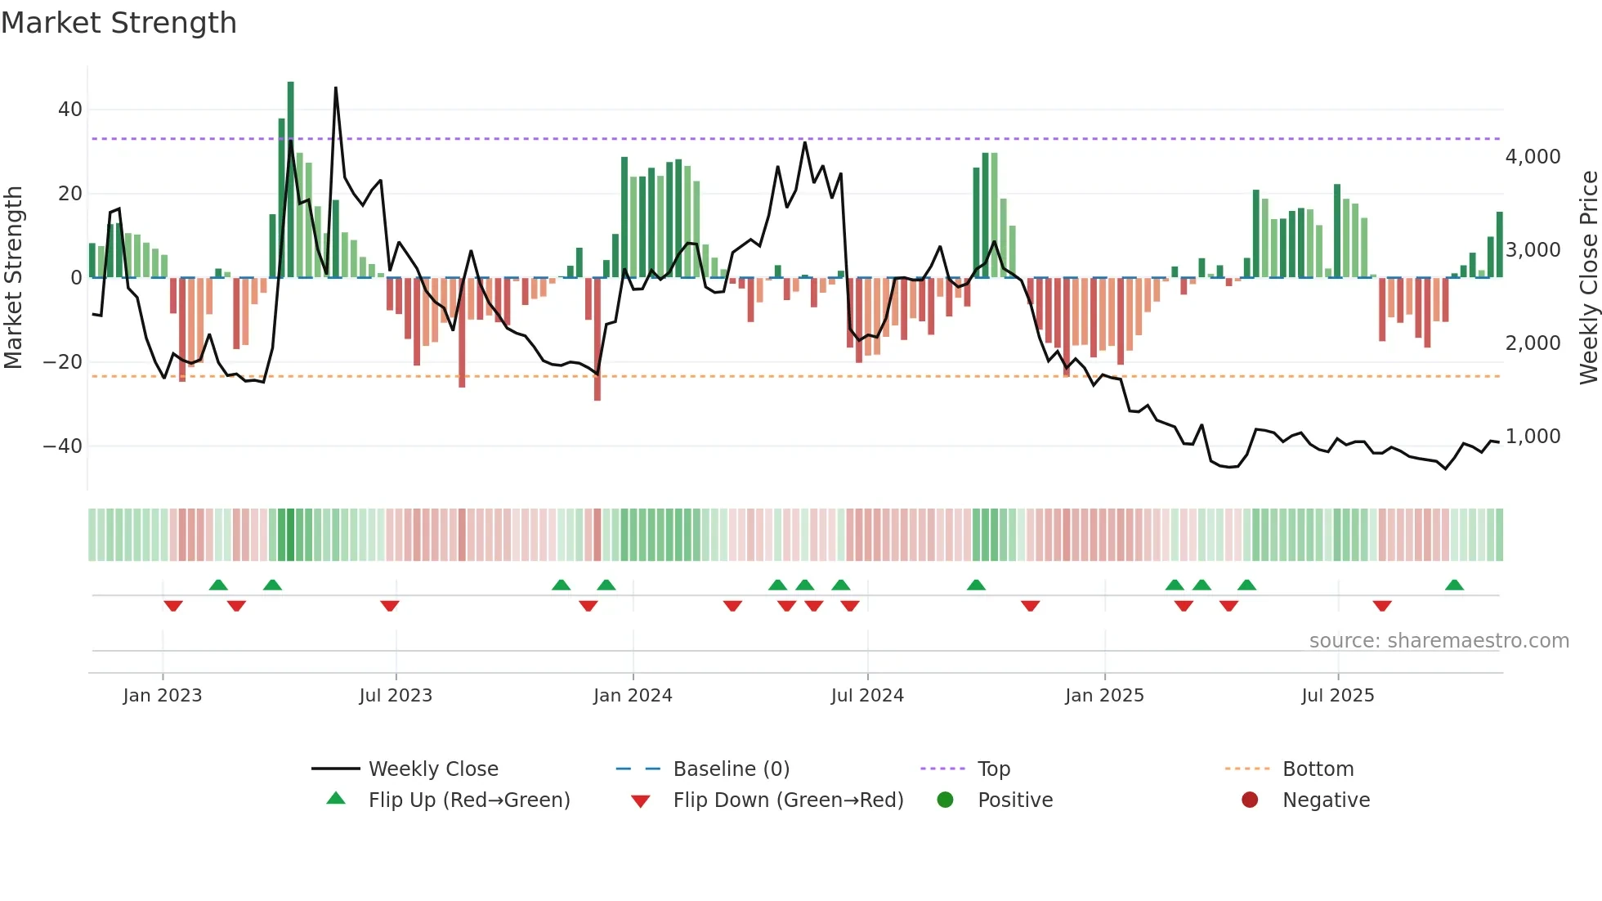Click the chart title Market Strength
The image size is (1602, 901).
(x=119, y=23)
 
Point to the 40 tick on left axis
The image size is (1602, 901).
(x=70, y=110)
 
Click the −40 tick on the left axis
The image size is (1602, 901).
(x=63, y=446)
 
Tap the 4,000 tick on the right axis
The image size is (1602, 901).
(x=1533, y=157)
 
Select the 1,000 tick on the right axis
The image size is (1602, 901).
(x=1533, y=437)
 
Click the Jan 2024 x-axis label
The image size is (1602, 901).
(x=633, y=696)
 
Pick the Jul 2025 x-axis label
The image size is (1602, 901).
(x=1338, y=696)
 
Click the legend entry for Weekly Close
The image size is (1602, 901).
(x=433, y=769)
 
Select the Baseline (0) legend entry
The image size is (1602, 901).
(x=731, y=769)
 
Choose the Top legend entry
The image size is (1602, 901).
(x=994, y=769)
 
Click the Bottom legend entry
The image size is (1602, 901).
(x=1318, y=769)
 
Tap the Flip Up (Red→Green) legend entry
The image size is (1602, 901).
(x=468, y=800)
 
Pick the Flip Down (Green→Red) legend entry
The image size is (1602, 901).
(x=788, y=800)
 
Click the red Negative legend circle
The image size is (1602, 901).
(x=1250, y=800)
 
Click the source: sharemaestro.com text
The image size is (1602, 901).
(x=1439, y=641)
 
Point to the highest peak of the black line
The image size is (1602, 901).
(x=336, y=88)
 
